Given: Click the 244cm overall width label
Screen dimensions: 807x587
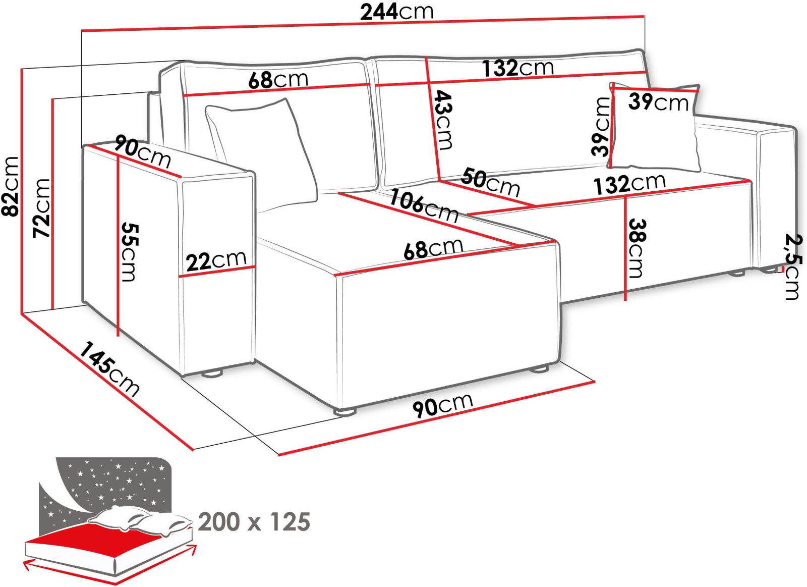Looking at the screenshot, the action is pyautogui.click(x=396, y=12).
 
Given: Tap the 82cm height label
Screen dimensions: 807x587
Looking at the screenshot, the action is pyautogui.click(x=10, y=186).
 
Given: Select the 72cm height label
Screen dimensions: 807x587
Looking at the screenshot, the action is pyautogui.click(x=41, y=208).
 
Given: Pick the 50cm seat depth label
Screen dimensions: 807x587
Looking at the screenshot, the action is pyautogui.click(x=490, y=182).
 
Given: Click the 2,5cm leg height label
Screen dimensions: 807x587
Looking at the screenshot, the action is pyautogui.click(x=794, y=267).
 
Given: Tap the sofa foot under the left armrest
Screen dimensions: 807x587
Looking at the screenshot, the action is pyautogui.click(x=212, y=374).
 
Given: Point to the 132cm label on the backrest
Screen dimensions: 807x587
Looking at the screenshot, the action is pyautogui.click(x=517, y=68).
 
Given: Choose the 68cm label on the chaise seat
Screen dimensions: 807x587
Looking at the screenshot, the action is pyautogui.click(x=433, y=248).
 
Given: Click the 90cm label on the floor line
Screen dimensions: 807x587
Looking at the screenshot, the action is pyautogui.click(x=443, y=405).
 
